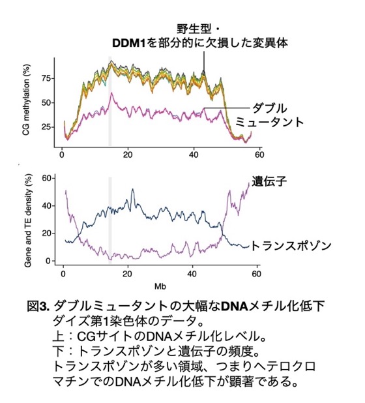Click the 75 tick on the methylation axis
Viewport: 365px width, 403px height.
tap(46, 78)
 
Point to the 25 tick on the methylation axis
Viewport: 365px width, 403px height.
tap(46, 127)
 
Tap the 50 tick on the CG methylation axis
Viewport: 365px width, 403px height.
tap(46, 103)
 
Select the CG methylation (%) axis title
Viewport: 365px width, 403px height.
tap(26, 100)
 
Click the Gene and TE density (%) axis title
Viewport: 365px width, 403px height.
tap(28, 220)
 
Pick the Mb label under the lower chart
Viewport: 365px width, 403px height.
tap(160, 286)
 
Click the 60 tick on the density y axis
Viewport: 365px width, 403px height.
tap(47, 178)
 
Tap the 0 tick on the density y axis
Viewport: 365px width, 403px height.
tap(49, 261)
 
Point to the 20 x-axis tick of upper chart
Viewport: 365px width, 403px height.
tap(128, 155)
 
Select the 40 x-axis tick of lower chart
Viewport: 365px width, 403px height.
tap(192, 274)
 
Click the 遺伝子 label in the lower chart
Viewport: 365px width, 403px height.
tap(269, 181)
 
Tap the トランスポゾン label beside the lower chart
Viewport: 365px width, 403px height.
tap(291, 246)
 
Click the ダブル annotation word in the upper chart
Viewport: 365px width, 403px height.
tap(269, 108)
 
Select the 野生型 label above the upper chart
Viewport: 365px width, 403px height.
tap(194, 29)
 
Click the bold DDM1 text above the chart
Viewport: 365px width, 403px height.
tap(129, 43)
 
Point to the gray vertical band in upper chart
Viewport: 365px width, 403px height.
tap(110, 101)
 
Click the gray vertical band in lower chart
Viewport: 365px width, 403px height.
tap(110, 218)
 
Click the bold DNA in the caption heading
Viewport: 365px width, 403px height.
tap(235, 306)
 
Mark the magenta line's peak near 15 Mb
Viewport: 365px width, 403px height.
tap(111, 93)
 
